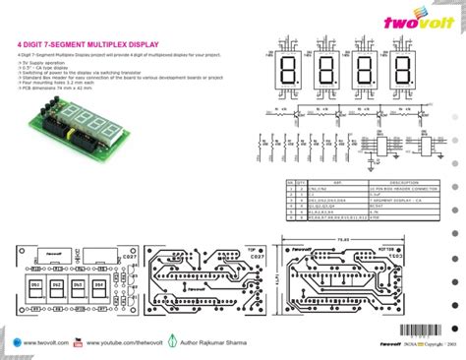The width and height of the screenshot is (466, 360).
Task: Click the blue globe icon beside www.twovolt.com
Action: pos(15,342)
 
